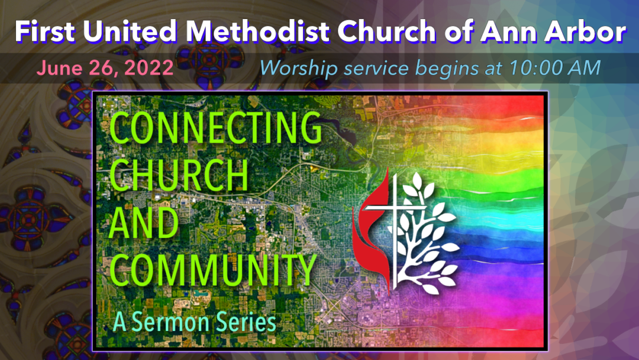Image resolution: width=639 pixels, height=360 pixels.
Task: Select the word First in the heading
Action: tap(45, 31)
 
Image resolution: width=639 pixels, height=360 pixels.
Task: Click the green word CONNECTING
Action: tap(215, 127)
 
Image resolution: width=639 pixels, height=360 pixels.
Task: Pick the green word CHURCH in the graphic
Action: tap(179, 175)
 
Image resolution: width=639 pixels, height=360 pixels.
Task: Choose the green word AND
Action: tap(144, 222)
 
